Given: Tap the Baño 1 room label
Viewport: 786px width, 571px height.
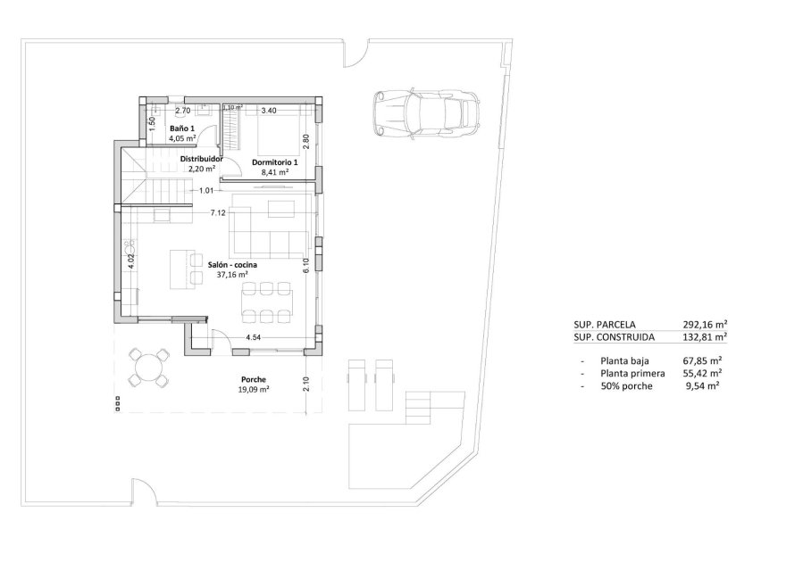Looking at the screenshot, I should [182, 128].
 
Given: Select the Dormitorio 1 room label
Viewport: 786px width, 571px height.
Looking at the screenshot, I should [274, 161].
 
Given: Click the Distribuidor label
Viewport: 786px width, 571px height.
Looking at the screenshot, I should [201, 159].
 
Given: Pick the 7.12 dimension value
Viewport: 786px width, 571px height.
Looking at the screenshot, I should [217, 213].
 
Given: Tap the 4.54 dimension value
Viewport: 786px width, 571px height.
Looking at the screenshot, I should [255, 338].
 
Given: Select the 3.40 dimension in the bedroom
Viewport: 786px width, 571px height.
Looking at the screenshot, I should [268, 111].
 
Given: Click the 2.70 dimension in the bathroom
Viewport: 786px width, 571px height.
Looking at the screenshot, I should [182, 111].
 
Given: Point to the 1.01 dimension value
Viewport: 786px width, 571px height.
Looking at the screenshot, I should [206, 190].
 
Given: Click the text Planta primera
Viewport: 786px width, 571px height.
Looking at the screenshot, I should [633, 372].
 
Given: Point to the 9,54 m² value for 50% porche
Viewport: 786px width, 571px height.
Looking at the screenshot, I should [703, 385].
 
